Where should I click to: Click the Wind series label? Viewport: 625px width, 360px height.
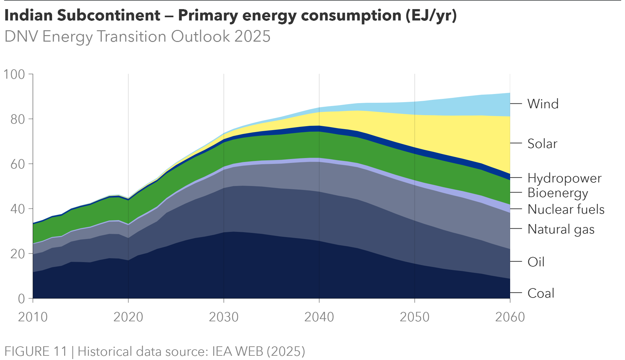(x=543, y=104)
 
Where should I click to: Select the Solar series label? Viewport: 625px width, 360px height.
(x=542, y=143)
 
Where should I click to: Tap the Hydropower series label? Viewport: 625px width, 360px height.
(x=564, y=178)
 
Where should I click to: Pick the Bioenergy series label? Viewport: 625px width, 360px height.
(x=558, y=193)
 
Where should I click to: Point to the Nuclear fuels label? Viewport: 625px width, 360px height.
(x=566, y=209)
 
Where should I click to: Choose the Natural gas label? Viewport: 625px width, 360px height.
(x=561, y=229)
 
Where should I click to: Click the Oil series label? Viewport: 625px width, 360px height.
(x=536, y=262)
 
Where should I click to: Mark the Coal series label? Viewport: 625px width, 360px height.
(x=541, y=293)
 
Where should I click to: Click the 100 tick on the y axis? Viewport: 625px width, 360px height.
(x=14, y=74)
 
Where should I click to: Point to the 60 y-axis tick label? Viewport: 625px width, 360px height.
(x=18, y=164)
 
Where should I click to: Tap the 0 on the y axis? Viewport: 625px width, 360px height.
(x=21, y=299)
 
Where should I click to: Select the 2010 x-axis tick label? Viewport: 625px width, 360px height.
(x=33, y=317)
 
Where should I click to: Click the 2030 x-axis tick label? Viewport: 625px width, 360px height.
(x=224, y=317)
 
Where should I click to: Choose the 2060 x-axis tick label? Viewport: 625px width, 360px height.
(x=510, y=317)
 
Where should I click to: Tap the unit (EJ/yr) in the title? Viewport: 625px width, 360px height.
(x=431, y=15)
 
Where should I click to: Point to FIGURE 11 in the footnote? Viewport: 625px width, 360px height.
(x=36, y=352)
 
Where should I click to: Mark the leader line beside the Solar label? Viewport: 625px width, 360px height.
(x=516, y=143)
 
